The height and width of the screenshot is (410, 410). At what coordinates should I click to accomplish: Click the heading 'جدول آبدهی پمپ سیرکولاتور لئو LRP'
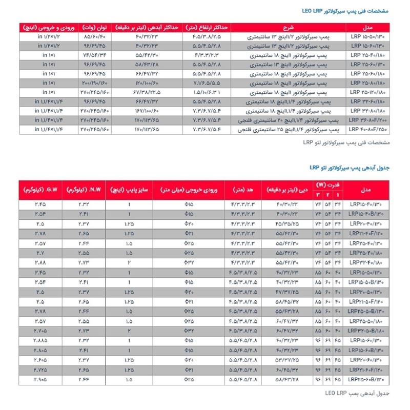[351, 167]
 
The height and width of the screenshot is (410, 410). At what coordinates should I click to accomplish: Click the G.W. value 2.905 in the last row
[39, 379]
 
